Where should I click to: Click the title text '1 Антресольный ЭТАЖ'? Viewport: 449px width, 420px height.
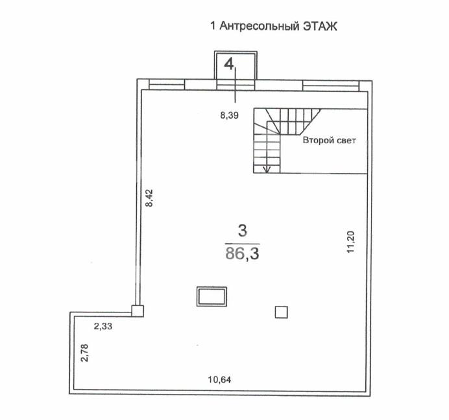(x=275, y=27)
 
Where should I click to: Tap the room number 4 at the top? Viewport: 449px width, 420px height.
(x=229, y=63)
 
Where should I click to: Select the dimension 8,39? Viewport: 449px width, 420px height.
(x=230, y=116)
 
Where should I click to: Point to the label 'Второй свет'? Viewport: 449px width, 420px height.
(x=329, y=140)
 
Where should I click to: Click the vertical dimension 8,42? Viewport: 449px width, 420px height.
(x=149, y=197)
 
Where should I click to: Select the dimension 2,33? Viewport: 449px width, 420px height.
(x=103, y=327)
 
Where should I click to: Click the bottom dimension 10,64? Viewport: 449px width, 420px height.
(x=219, y=379)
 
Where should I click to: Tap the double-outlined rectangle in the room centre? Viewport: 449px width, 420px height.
(x=212, y=297)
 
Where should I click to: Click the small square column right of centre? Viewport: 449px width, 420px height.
(x=281, y=312)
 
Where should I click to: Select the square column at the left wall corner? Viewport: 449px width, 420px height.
(x=137, y=310)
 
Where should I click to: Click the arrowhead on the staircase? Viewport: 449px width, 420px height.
(x=266, y=169)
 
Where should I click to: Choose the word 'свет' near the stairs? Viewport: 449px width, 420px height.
(x=345, y=140)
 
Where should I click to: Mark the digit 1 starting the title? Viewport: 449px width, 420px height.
(x=213, y=27)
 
